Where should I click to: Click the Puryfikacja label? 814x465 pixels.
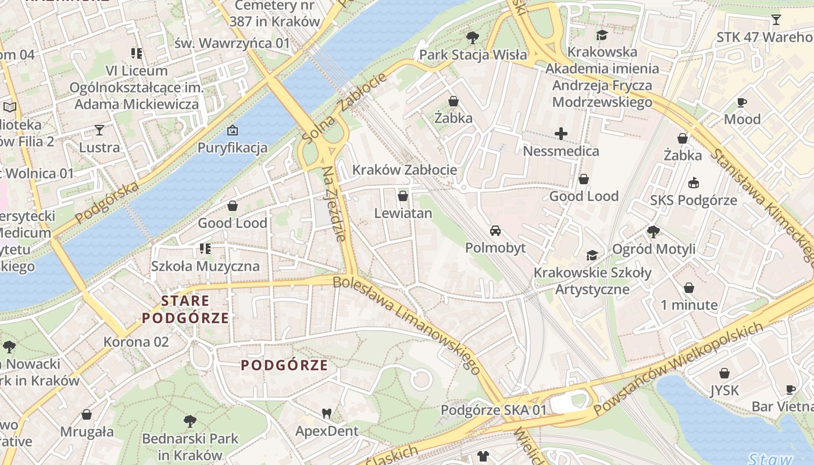233,147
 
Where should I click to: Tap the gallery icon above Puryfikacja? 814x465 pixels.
233,130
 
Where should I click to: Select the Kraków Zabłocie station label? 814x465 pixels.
405,170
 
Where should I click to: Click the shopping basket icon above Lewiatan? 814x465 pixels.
403,196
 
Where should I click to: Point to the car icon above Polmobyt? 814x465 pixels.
495,231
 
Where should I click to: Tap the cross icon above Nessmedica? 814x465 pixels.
561,134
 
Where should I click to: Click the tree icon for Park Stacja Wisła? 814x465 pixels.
473,38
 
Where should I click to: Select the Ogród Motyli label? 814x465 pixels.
654,249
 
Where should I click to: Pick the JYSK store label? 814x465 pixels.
724,390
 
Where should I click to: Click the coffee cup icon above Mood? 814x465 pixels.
742,102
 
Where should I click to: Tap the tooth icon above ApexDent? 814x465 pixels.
327,413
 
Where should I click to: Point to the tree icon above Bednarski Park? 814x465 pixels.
190,421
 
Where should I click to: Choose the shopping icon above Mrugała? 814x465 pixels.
87,414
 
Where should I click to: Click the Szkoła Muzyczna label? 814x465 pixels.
205,266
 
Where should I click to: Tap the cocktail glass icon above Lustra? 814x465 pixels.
99,130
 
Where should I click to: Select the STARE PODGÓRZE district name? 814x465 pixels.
185,309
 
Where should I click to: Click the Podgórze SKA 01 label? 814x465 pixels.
494,410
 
